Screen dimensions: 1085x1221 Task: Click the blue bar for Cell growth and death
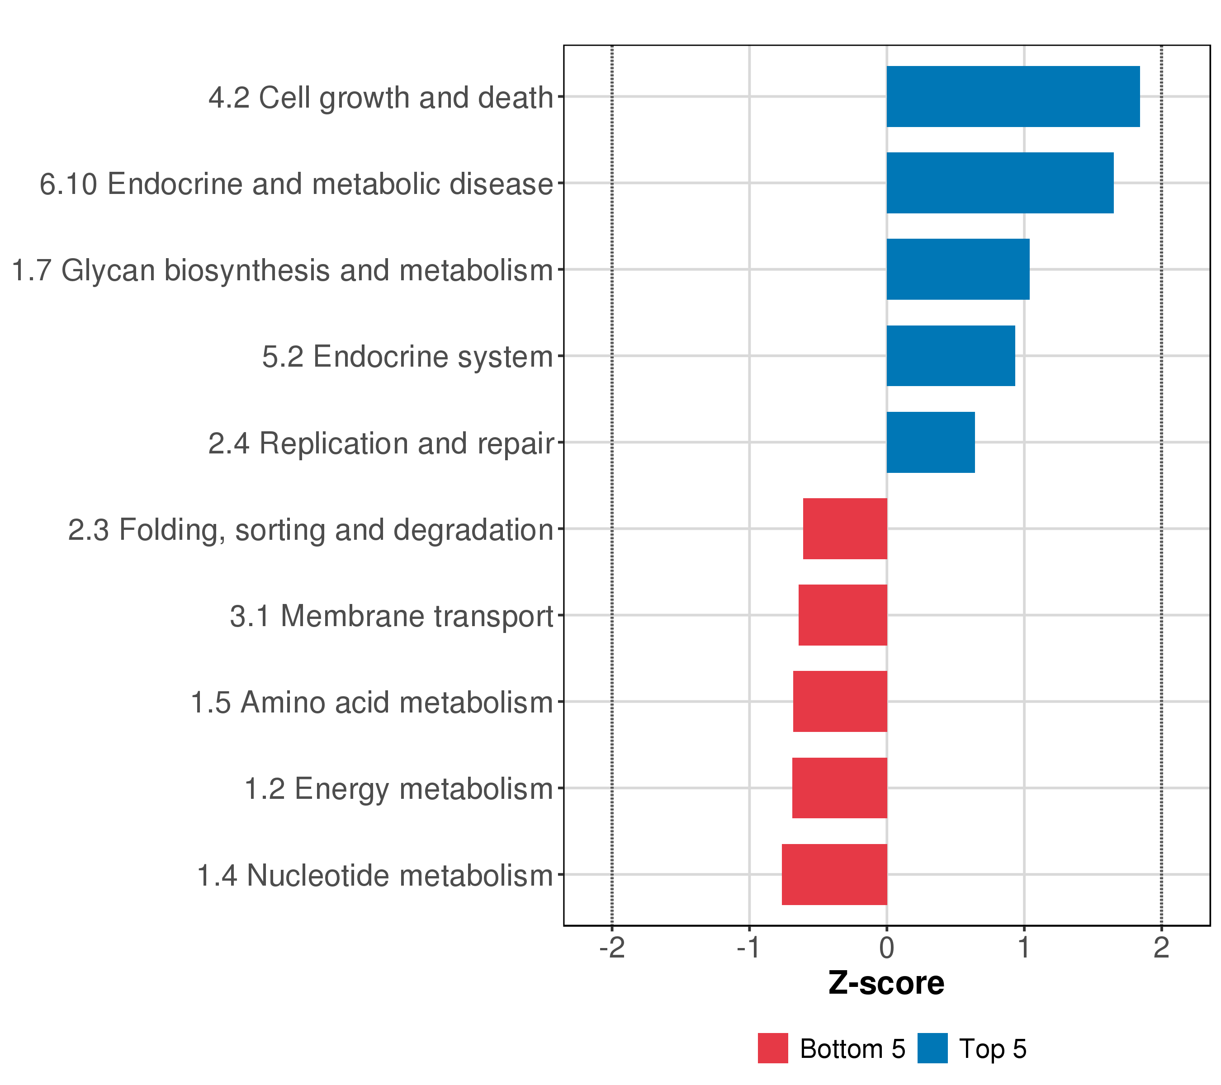(x=1013, y=96)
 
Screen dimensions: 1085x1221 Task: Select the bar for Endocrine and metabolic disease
(x=999, y=183)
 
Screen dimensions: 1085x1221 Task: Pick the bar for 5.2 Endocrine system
(x=951, y=356)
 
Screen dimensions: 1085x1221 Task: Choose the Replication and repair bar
(x=930, y=443)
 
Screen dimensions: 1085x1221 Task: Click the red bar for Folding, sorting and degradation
(x=845, y=528)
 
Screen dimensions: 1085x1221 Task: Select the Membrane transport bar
(x=842, y=615)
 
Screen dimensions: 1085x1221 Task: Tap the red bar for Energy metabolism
(x=839, y=788)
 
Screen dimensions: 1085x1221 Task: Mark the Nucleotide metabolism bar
(x=834, y=874)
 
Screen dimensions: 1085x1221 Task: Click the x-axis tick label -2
(x=612, y=948)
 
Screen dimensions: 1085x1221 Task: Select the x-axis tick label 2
(x=1161, y=948)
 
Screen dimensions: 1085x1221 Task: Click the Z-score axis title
(x=886, y=983)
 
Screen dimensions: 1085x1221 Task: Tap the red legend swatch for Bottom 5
(x=772, y=1048)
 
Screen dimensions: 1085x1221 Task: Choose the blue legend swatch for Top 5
(x=932, y=1048)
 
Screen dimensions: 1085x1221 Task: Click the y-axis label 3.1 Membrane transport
(x=391, y=616)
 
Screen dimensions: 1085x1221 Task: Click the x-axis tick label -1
(x=748, y=948)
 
